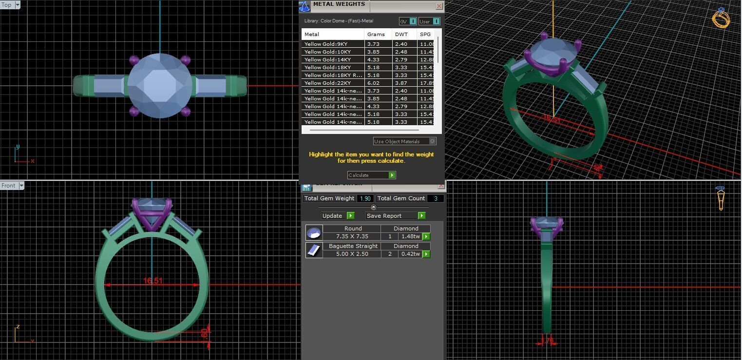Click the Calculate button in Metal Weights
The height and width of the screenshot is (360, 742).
tap(371, 175)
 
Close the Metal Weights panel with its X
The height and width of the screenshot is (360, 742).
tap(439, 6)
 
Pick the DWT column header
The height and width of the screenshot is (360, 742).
tap(401, 35)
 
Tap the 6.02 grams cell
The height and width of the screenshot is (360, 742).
tap(373, 83)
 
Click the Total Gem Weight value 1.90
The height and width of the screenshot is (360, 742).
tap(364, 199)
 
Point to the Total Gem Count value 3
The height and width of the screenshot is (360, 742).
tap(436, 199)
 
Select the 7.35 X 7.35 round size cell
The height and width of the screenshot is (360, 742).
tap(352, 236)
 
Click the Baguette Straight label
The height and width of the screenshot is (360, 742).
tap(352, 246)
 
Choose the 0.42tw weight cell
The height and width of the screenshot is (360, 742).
tap(410, 254)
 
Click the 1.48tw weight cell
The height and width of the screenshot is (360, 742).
tap(410, 236)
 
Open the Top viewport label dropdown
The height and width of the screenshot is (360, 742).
tap(18, 5)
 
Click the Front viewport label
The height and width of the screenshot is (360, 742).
tap(8, 186)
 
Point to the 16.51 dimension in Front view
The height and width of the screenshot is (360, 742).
tap(152, 281)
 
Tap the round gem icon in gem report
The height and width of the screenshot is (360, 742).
tap(314, 233)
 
